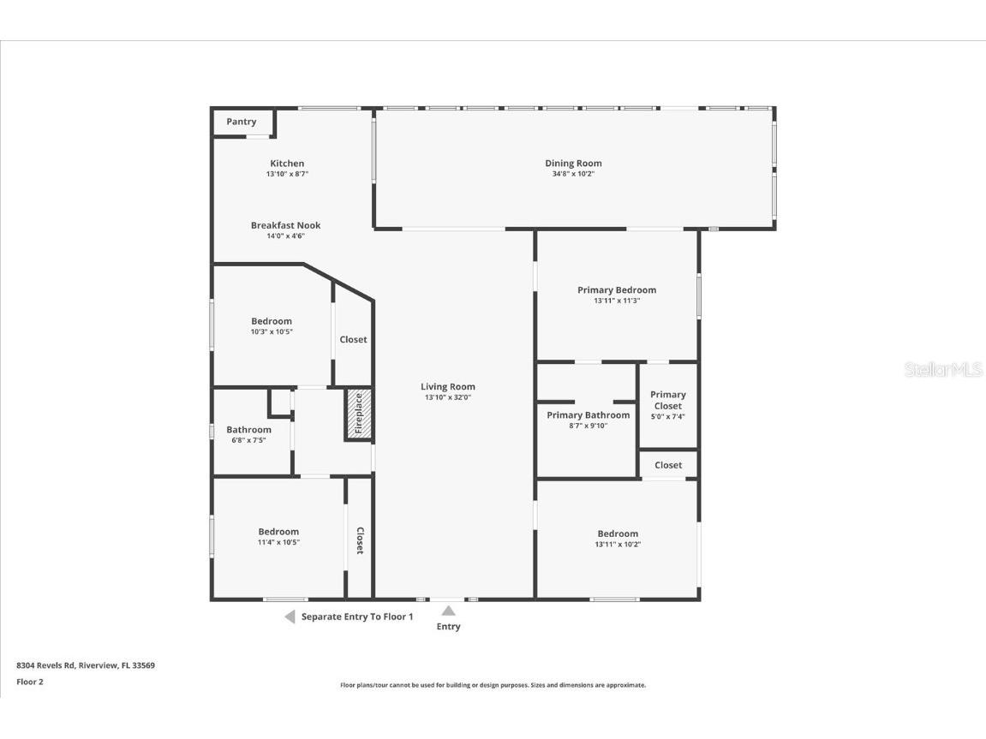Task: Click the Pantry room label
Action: (x=241, y=122)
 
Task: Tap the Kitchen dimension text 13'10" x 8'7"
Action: (x=287, y=174)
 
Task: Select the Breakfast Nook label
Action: (x=285, y=225)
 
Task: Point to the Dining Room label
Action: (x=573, y=163)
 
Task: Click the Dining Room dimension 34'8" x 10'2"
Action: (x=573, y=174)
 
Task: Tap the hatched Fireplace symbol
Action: (x=359, y=415)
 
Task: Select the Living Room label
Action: (x=447, y=386)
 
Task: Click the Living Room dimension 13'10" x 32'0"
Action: (x=447, y=397)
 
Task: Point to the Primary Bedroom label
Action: (x=617, y=289)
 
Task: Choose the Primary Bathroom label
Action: (x=588, y=414)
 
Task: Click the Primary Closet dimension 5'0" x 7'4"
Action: (x=667, y=417)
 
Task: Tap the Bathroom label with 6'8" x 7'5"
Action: (x=248, y=429)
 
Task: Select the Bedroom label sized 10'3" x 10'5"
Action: (x=272, y=321)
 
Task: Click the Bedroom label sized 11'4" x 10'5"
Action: (x=278, y=531)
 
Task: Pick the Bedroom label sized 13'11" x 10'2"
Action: (x=618, y=533)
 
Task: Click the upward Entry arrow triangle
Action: (x=448, y=611)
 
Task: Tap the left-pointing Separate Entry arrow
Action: (x=290, y=617)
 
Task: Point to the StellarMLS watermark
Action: (x=943, y=370)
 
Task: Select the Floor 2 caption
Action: (x=30, y=682)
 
